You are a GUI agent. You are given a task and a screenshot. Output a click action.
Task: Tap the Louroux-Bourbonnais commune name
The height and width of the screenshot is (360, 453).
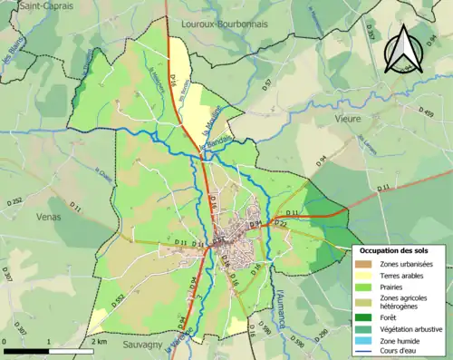click(225, 24)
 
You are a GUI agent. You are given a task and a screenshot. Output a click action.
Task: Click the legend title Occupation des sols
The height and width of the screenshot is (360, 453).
click(396, 250)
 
